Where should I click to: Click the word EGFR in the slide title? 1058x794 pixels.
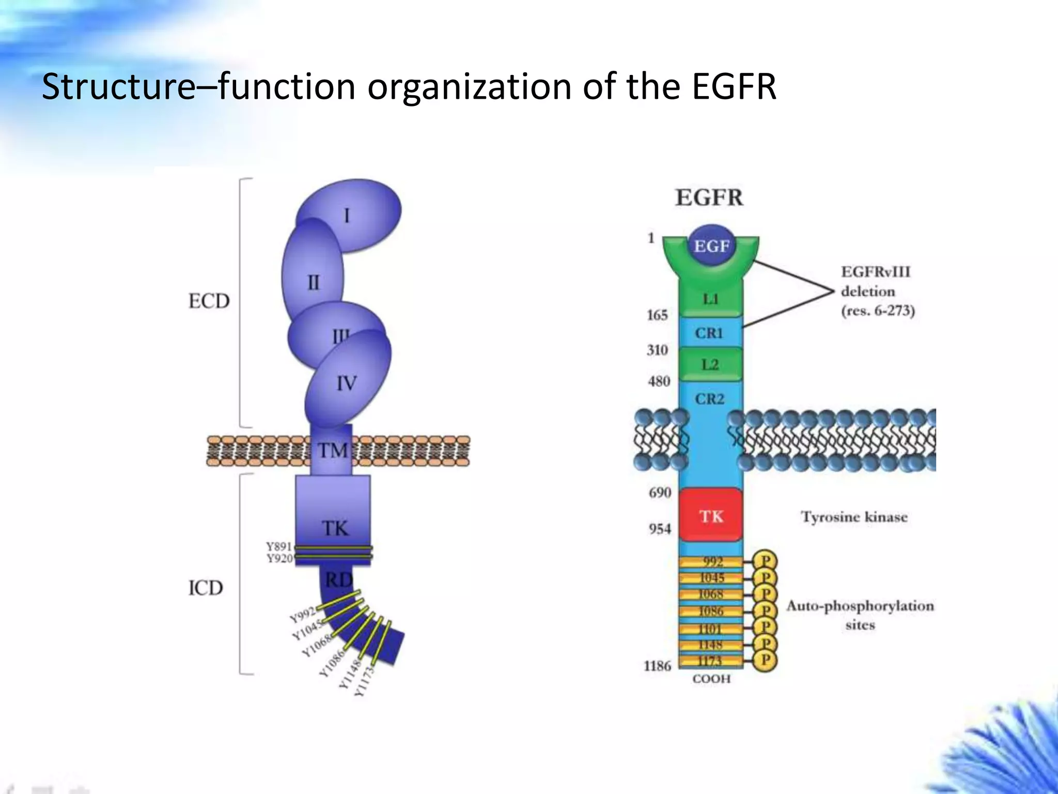[x=734, y=86]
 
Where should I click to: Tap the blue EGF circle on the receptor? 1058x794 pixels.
[x=711, y=246]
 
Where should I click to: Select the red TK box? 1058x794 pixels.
[x=711, y=515]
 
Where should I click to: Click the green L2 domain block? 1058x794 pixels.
[x=710, y=364]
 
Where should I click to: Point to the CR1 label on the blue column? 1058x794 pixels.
[x=709, y=333]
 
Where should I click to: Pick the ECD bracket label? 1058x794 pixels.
[x=209, y=301]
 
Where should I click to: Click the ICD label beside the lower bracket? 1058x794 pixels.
[x=206, y=588]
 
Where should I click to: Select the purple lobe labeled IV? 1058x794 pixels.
[x=347, y=383]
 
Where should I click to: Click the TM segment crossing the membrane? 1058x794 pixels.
[x=331, y=450]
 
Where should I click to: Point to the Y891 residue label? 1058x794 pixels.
[x=279, y=546]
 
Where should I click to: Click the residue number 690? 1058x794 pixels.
[x=660, y=493]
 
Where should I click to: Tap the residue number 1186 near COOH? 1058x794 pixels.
[x=657, y=666]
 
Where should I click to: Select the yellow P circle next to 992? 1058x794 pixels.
[x=765, y=561]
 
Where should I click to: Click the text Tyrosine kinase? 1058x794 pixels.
[x=854, y=517]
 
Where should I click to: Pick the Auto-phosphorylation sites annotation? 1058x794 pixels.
[x=860, y=615]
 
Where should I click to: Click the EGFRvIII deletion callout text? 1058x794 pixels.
[x=877, y=291]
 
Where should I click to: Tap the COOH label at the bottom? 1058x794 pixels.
[x=711, y=679]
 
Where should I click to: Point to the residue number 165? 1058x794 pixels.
[x=657, y=315]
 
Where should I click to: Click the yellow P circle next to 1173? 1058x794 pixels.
[x=765, y=660]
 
